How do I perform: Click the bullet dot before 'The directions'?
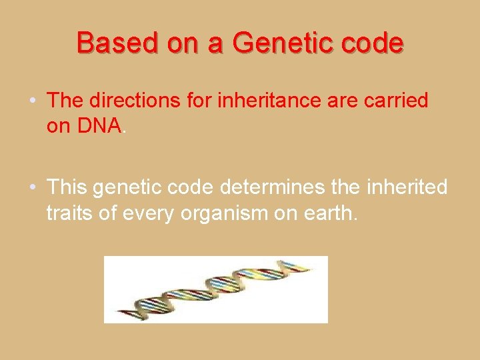click(33, 101)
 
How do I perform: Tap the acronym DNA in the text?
click(99, 125)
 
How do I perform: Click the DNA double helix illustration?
click(215, 289)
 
